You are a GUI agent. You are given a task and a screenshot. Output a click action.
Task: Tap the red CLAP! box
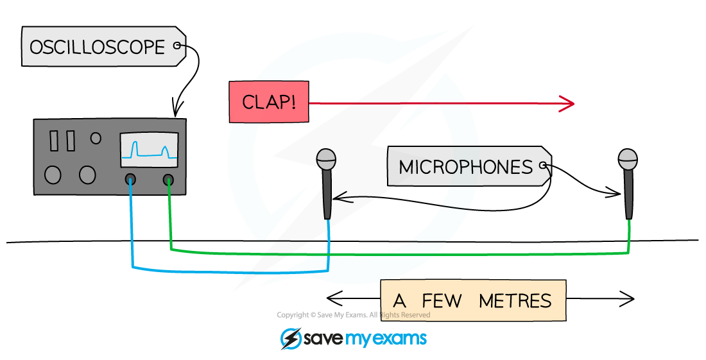pyautogui.click(x=269, y=103)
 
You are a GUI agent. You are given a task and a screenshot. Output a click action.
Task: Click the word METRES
pyautogui.click(x=515, y=300)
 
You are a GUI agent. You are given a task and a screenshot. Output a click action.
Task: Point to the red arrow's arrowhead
pyautogui.click(x=567, y=103)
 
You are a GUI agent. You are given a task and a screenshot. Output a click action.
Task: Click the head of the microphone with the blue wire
pyautogui.click(x=327, y=159)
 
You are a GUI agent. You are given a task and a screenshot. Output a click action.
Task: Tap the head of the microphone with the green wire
pyautogui.click(x=627, y=159)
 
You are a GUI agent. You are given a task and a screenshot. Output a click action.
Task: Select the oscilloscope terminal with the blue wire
pyautogui.click(x=130, y=179)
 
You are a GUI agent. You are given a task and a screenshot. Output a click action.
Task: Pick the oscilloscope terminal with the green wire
pyautogui.click(x=168, y=179)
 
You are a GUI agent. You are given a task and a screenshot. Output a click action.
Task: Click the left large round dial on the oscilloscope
pyautogui.click(x=53, y=175)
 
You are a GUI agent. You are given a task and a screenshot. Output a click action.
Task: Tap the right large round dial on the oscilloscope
pyautogui.click(x=87, y=175)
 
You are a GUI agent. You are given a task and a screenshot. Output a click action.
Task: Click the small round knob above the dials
pyautogui.click(x=96, y=137)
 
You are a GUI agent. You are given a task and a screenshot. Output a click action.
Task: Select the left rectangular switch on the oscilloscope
pyautogui.click(x=54, y=141)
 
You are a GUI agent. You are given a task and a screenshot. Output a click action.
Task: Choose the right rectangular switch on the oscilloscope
pyautogui.click(x=70, y=141)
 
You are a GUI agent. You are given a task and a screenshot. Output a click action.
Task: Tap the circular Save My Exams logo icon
pyautogui.click(x=291, y=339)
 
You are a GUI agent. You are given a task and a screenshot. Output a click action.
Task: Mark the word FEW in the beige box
pyautogui.click(x=442, y=300)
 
